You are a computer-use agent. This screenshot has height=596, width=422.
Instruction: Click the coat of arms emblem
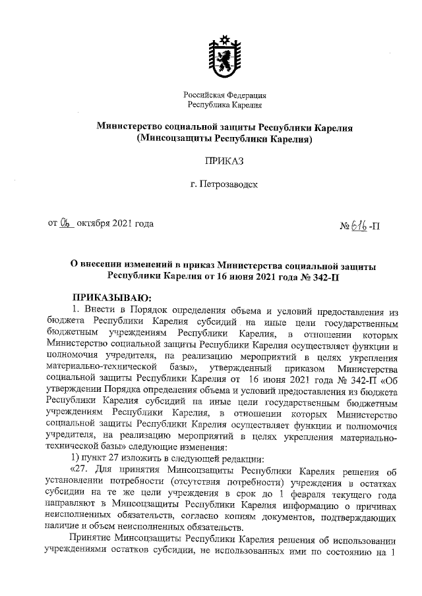coord(224,55)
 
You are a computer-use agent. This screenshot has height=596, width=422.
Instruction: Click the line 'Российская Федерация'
coord(224,95)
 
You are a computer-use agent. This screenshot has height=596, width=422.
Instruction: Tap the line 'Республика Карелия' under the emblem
coord(224,105)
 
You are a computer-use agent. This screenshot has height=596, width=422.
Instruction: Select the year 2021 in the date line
coord(123,223)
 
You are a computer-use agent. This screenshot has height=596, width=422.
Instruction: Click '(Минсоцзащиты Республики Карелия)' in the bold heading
coord(224,140)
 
